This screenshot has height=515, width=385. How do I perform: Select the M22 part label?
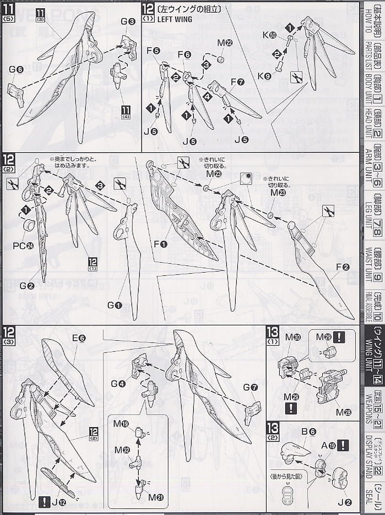[x=224, y=43]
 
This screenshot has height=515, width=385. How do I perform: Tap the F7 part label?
[x=238, y=81]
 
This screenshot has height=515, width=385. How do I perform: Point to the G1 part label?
[x=114, y=290]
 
